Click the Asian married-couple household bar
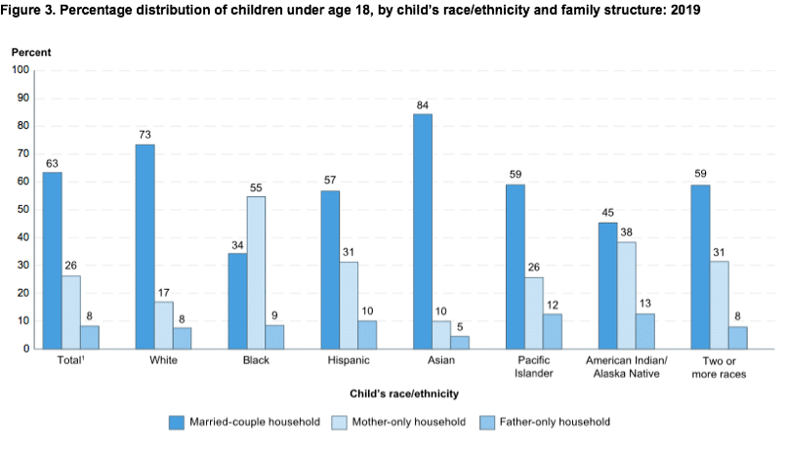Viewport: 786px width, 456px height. pyautogui.click(x=423, y=230)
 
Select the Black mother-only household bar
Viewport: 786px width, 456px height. pyautogui.click(x=256, y=272)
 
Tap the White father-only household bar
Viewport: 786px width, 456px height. pyautogui.click(x=183, y=338)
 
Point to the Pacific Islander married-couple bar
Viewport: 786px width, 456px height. pyautogui.click(x=515, y=266)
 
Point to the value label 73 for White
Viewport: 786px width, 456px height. pyautogui.click(x=145, y=135)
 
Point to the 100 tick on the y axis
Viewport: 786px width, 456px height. pyautogui.click(x=21, y=70)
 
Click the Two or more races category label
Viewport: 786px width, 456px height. pyautogui.click(x=718, y=368)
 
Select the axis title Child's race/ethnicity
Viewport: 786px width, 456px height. pyautogui.click(x=405, y=393)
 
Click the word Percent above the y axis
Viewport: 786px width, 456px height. pyautogui.click(x=31, y=51)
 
